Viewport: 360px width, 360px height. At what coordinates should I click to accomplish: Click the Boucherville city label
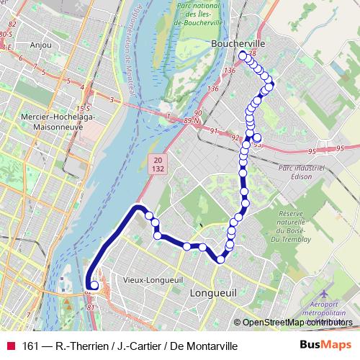[x=238, y=43]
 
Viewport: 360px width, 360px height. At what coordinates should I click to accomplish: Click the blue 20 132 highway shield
[x=157, y=163]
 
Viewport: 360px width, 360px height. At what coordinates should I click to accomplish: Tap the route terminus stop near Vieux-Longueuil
[x=94, y=285]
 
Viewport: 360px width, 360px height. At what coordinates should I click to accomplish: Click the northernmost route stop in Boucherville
[x=243, y=56]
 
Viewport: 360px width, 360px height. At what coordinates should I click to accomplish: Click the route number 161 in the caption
[x=31, y=346]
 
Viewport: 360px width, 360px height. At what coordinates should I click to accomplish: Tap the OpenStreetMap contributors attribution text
[x=297, y=322]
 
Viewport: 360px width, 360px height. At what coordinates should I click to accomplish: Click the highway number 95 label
[x=311, y=151]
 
